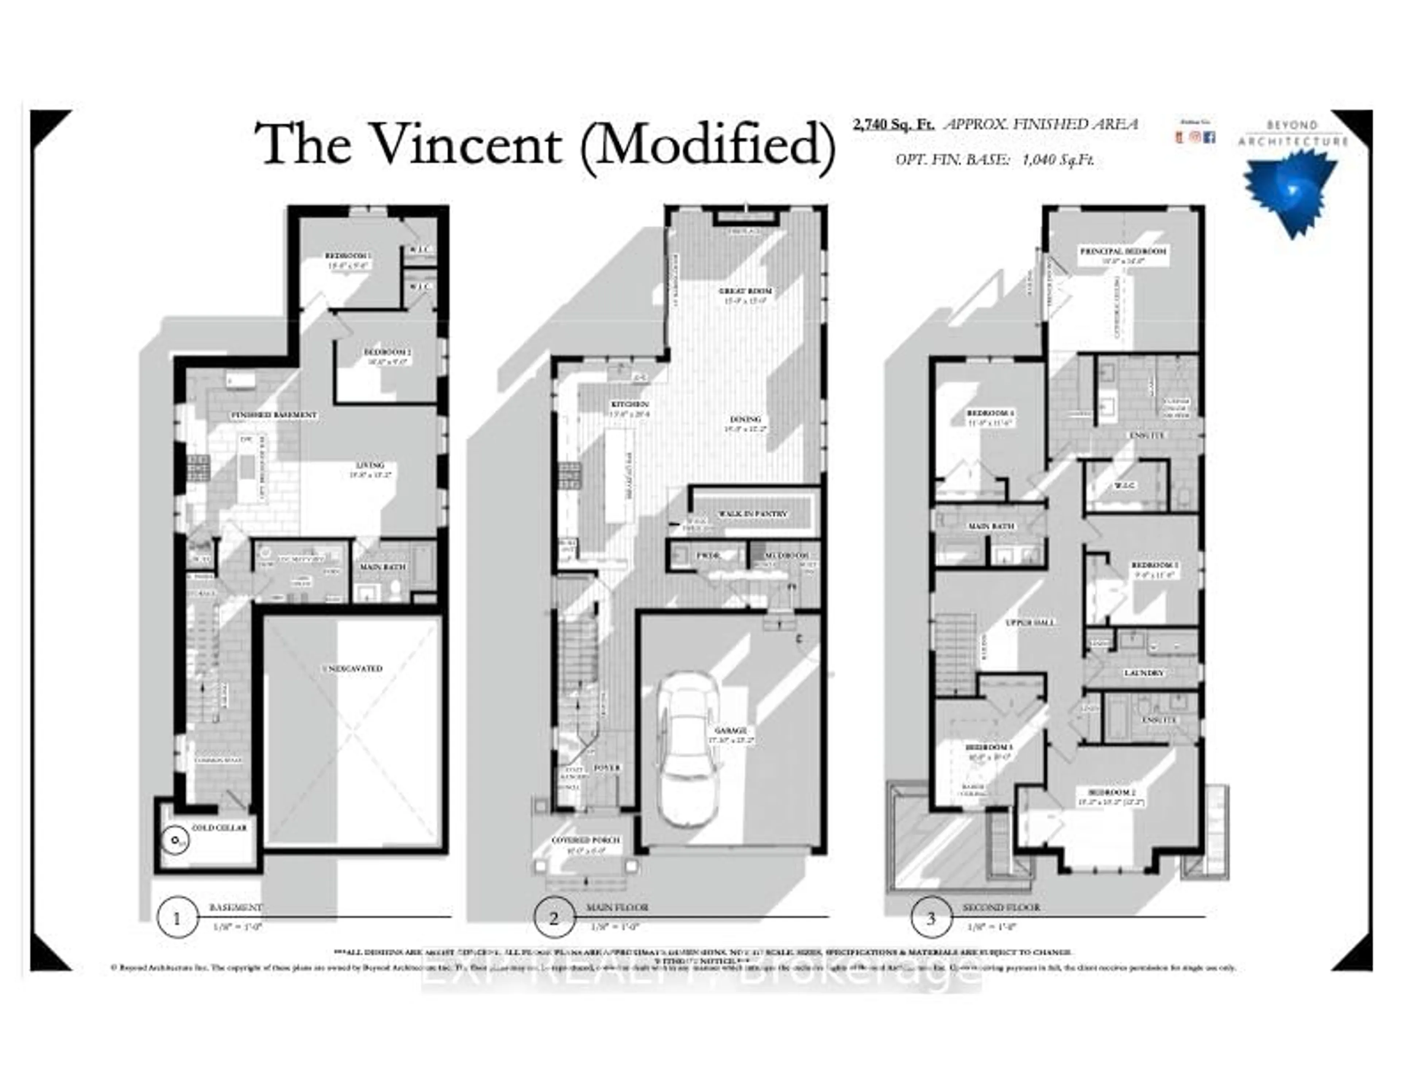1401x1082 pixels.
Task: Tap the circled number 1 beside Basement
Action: (x=177, y=919)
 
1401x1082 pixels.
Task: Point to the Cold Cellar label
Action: (x=219, y=827)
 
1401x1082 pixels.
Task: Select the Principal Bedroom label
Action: (x=1123, y=251)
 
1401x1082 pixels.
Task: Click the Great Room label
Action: (x=745, y=291)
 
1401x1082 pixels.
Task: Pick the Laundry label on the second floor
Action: (x=1144, y=673)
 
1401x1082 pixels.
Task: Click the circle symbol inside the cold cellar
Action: (x=173, y=839)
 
